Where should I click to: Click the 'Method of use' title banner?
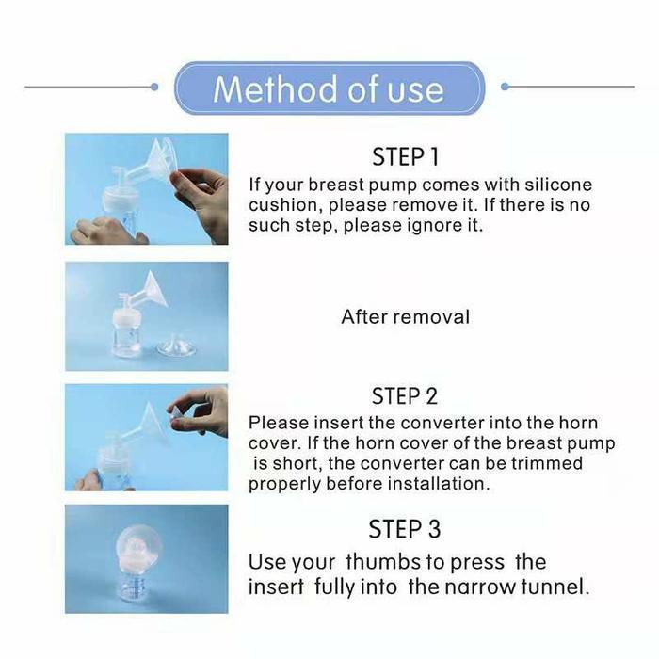(329, 88)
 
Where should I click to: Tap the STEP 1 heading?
(406, 157)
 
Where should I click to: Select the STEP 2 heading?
(405, 396)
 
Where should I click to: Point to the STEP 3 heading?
(405, 529)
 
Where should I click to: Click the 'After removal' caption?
(406, 317)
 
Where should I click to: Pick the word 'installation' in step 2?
(439, 484)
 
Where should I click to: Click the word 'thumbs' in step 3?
(383, 562)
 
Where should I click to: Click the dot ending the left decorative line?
(154, 87)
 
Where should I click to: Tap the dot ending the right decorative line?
(505, 87)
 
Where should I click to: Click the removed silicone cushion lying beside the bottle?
(176, 347)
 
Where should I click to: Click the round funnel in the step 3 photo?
(138, 545)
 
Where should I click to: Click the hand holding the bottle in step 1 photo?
(108, 231)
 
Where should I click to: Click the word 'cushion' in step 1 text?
(285, 205)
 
